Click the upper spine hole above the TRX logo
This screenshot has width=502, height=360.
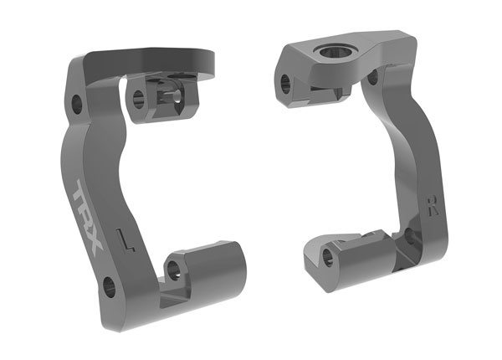click(77, 105)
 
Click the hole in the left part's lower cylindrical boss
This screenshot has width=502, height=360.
click(173, 268)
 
